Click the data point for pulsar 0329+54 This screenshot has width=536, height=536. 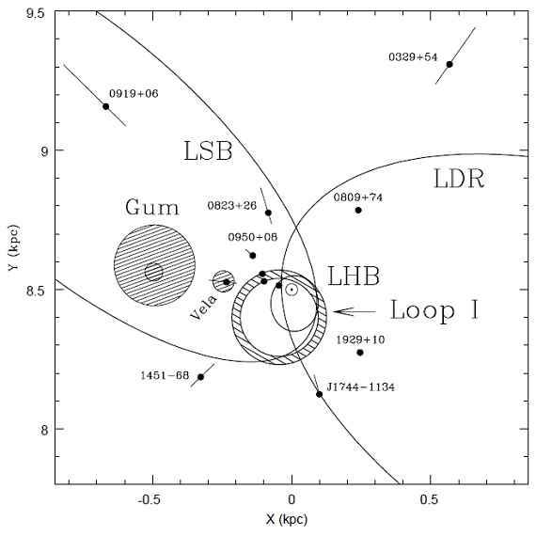pos(449,64)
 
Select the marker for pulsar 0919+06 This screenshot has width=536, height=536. pos(106,106)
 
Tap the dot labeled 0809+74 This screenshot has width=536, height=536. pos(358,211)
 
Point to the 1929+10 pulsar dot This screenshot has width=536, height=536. pos(360,353)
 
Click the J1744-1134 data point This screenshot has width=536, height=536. pos(320,394)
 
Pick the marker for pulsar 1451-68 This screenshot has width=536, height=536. pos(200,377)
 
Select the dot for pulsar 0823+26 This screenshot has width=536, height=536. pos(268,213)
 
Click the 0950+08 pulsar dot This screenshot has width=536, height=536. pos(253,256)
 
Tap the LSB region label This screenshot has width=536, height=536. pos(208,150)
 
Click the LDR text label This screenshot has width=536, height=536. pos(459,179)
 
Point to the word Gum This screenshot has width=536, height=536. pos(152,207)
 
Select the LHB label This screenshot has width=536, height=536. pos(354,276)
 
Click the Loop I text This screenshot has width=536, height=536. pos(434,309)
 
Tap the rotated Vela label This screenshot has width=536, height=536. pos(203,307)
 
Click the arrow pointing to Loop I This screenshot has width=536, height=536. pos(355,311)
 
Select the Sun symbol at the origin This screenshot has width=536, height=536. pos(292,290)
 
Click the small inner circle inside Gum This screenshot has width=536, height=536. pos(153,272)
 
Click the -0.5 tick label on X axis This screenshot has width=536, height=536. pos(149,499)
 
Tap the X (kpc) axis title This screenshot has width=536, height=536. pos(287,520)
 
